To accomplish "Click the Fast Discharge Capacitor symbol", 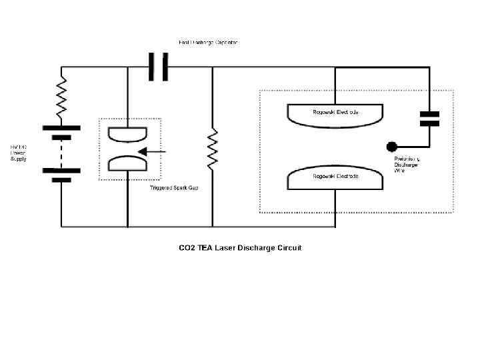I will coord(158,67).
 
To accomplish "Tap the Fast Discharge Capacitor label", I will coord(208,43).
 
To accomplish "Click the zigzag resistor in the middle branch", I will coord(213,148).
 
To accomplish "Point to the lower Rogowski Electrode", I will coord(335,179).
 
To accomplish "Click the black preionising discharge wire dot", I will coord(392,146).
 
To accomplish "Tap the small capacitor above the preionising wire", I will coord(429,119).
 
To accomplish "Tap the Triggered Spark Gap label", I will coord(173,188).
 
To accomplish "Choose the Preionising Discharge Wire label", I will coord(406,165).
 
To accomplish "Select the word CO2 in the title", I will coord(187,248).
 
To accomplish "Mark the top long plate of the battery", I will coord(61,127).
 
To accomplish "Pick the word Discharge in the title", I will coord(259,248).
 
